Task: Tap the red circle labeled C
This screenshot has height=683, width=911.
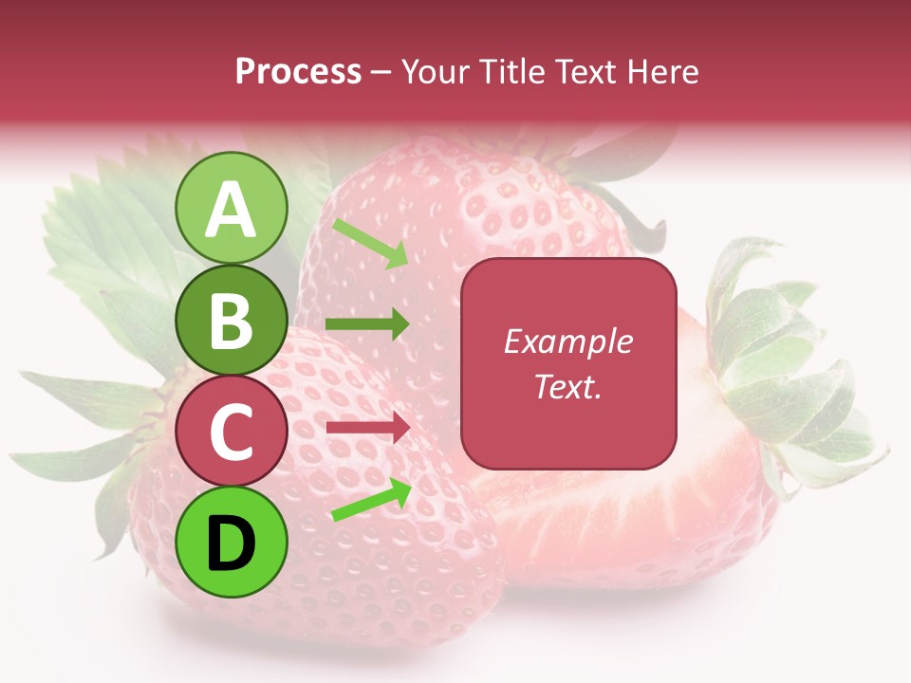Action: click(x=232, y=431)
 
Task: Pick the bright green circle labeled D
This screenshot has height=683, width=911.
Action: click(x=232, y=542)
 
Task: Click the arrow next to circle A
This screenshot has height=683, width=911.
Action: click(x=370, y=243)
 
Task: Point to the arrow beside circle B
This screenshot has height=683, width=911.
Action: click(x=367, y=324)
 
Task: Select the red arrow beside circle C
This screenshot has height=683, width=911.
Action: click(x=367, y=428)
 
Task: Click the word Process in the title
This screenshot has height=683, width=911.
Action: click(x=298, y=71)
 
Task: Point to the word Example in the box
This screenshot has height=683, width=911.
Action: click(x=567, y=341)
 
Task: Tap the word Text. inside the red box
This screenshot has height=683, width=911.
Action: click(x=567, y=386)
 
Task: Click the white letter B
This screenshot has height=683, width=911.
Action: click(x=232, y=321)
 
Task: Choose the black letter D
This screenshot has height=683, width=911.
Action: click(x=232, y=543)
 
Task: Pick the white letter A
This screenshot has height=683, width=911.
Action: click(x=232, y=209)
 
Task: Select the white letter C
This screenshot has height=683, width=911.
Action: click(x=232, y=432)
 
